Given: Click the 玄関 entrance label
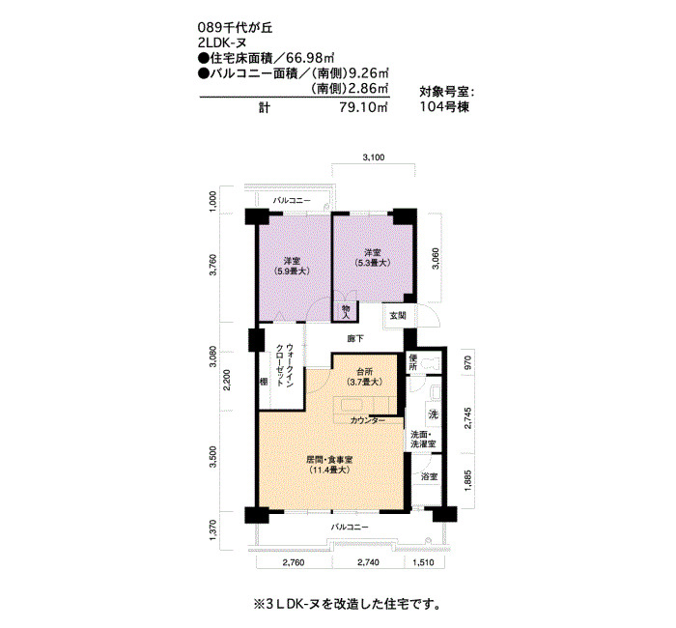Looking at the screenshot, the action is coord(398,315).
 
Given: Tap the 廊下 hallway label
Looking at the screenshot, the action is coord(355,339).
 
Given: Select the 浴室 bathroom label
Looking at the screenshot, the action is coord(430,476).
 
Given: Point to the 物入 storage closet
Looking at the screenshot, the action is coord(346,311).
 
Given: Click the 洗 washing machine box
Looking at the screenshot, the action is coord(433,414).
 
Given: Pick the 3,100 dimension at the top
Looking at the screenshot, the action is coord(374,157).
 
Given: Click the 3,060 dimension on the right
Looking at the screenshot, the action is coord(436,259).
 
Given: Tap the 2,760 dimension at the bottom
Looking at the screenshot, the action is coord(294,562).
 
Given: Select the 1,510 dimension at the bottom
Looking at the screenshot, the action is coord(423,562).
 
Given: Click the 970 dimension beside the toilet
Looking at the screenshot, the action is coord(468,362).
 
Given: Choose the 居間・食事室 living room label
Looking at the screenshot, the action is coord(329,460).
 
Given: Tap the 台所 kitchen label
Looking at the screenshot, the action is coord(364,371).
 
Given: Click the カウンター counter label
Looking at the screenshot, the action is coord(368,420).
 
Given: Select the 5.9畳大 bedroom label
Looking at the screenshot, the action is coord(292,271).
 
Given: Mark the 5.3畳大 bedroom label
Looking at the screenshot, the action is coord(372,262).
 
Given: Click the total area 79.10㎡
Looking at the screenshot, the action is coord(363,107).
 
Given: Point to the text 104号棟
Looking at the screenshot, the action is coord(444,106).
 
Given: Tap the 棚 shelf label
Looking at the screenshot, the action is coord(264,382).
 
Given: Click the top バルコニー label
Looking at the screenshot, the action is coord(292,201).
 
